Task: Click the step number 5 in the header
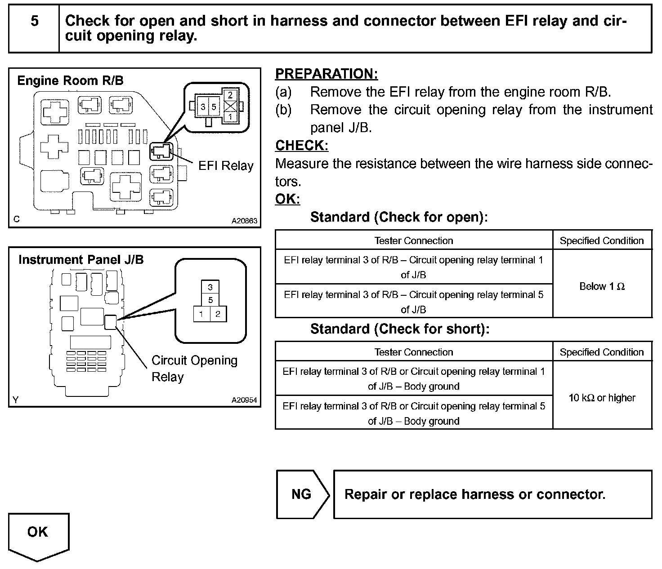click(x=34, y=21)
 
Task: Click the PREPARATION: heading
click(x=327, y=74)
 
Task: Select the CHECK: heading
click(x=302, y=146)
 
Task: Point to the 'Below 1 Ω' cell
click(x=602, y=286)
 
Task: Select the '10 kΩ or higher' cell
click(x=602, y=398)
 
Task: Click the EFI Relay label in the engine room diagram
click(x=226, y=166)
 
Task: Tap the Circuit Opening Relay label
click(x=194, y=369)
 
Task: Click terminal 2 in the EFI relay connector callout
click(x=230, y=95)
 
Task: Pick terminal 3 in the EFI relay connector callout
click(x=203, y=107)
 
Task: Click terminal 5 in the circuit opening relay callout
click(x=210, y=300)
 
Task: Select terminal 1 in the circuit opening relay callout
click(x=201, y=314)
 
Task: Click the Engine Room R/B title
click(x=70, y=80)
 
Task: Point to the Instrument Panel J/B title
click(x=81, y=260)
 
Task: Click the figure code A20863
click(x=244, y=221)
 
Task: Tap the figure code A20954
click(x=244, y=400)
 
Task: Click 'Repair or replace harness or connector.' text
click(x=474, y=494)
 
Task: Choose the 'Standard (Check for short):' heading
click(x=399, y=329)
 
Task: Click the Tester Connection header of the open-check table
click(x=413, y=241)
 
